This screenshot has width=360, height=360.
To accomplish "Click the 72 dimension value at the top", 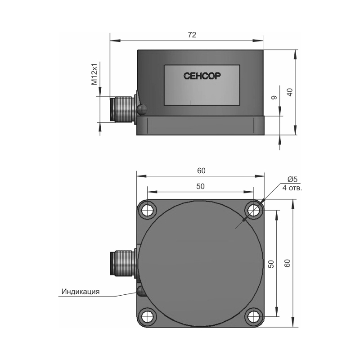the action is pyautogui.click(x=192, y=35).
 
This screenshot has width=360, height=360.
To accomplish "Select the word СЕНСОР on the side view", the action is pyautogui.click(x=202, y=76).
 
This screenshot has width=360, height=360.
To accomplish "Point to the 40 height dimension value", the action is pyautogui.click(x=290, y=92).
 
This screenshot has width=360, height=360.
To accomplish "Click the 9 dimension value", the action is pyautogui.click(x=274, y=98).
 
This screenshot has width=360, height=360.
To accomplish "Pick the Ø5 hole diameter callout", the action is pyautogui.click(x=292, y=179).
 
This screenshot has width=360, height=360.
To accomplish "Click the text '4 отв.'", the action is pyautogui.click(x=292, y=188).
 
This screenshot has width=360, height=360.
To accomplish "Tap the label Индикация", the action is pyautogui.click(x=81, y=292).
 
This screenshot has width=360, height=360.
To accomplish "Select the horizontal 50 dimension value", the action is pyautogui.click(x=200, y=186).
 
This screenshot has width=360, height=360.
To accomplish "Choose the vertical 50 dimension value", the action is pyautogui.click(x=271, y=264).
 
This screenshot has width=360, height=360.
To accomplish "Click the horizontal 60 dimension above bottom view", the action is pyautogui.click(x=201, y=171).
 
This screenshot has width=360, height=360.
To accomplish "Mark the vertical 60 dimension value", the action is pyautogui.click(x=287, y=263).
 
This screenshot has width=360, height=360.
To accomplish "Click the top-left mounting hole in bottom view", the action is pyautogui.click(x=148, y=210).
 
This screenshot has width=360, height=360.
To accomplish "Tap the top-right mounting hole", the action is pyautogui.click(x=253, y=210).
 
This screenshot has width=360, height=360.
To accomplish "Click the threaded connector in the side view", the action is pyautogui.click(x=122, y=109).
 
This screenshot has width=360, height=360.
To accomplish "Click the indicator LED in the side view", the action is pyautogui.click(x=142, y=109).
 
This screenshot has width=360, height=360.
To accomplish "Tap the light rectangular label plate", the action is pyautogui.click(x=202, y=85).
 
